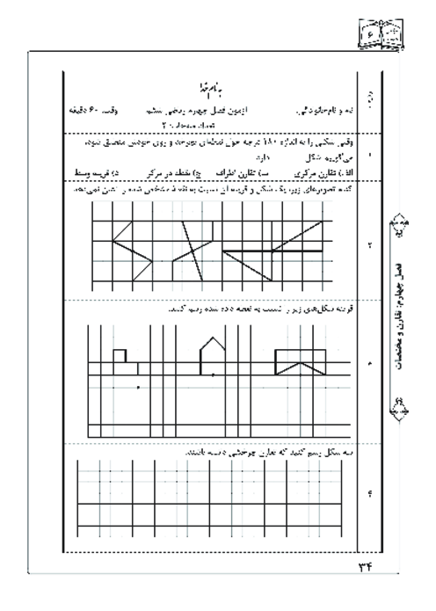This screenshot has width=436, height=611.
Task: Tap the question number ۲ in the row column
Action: click(x=367, y=245)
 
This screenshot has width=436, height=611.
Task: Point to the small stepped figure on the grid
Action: click(x=122, y=355)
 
